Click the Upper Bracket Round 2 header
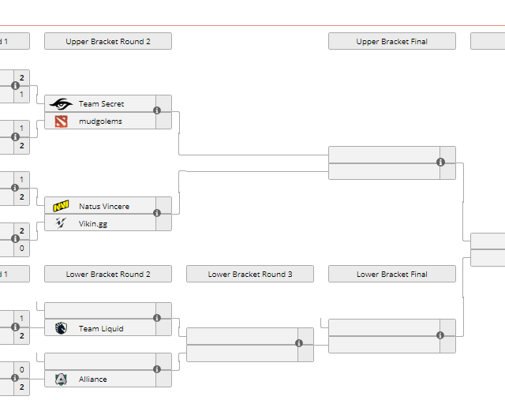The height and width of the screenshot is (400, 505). pos(108,42)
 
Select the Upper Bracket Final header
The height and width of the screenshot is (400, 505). pos(391,42)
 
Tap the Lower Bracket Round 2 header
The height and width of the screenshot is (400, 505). pos(108,275)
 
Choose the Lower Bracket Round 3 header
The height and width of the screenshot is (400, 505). pos(250,275)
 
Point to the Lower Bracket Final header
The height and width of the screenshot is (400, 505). pos(391,275)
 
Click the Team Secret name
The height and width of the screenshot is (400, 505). pos(101,104)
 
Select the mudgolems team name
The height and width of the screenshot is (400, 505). pos(100,121)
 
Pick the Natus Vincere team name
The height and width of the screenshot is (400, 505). pos(104,207)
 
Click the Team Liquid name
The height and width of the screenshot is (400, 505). pos(101,329)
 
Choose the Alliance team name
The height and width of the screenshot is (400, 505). pos(93,379)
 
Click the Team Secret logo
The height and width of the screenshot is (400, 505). pos(61,104)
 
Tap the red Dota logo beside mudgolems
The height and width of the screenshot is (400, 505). pos(61,121)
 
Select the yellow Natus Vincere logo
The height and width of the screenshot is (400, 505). pos(61,207)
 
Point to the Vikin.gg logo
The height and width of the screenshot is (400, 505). pos(61,223)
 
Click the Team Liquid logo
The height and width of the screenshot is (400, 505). pos(61,329)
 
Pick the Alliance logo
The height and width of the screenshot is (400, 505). pos(61,379)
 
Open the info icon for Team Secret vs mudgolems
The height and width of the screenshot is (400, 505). pos(157,111)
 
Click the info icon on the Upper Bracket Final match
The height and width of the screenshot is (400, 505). pos(440,163)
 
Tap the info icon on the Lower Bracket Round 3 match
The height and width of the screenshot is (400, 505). pos(299,343)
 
